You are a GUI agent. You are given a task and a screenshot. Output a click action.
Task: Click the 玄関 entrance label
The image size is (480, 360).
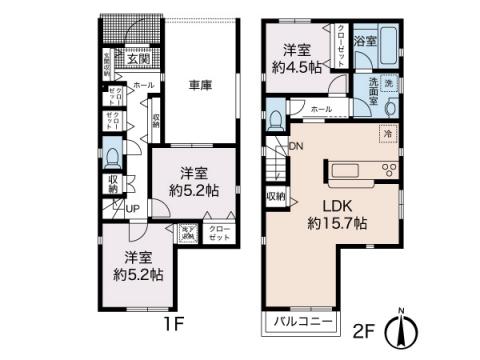point(137,59)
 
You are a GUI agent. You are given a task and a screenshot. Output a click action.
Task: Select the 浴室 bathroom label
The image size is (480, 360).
point(366,42)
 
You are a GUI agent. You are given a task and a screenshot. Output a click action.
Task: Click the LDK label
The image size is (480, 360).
point(337,205)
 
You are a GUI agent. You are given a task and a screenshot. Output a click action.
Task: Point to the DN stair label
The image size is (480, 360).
point(296,148)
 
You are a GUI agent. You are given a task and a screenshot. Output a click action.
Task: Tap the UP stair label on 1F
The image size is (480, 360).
point(132,208)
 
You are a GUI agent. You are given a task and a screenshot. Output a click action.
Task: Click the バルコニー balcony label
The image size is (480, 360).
point(299,324)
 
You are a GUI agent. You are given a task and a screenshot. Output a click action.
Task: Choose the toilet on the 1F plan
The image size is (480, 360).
point(113,158)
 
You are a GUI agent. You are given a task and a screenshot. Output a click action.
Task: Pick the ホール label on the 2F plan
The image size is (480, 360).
point(322,108)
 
